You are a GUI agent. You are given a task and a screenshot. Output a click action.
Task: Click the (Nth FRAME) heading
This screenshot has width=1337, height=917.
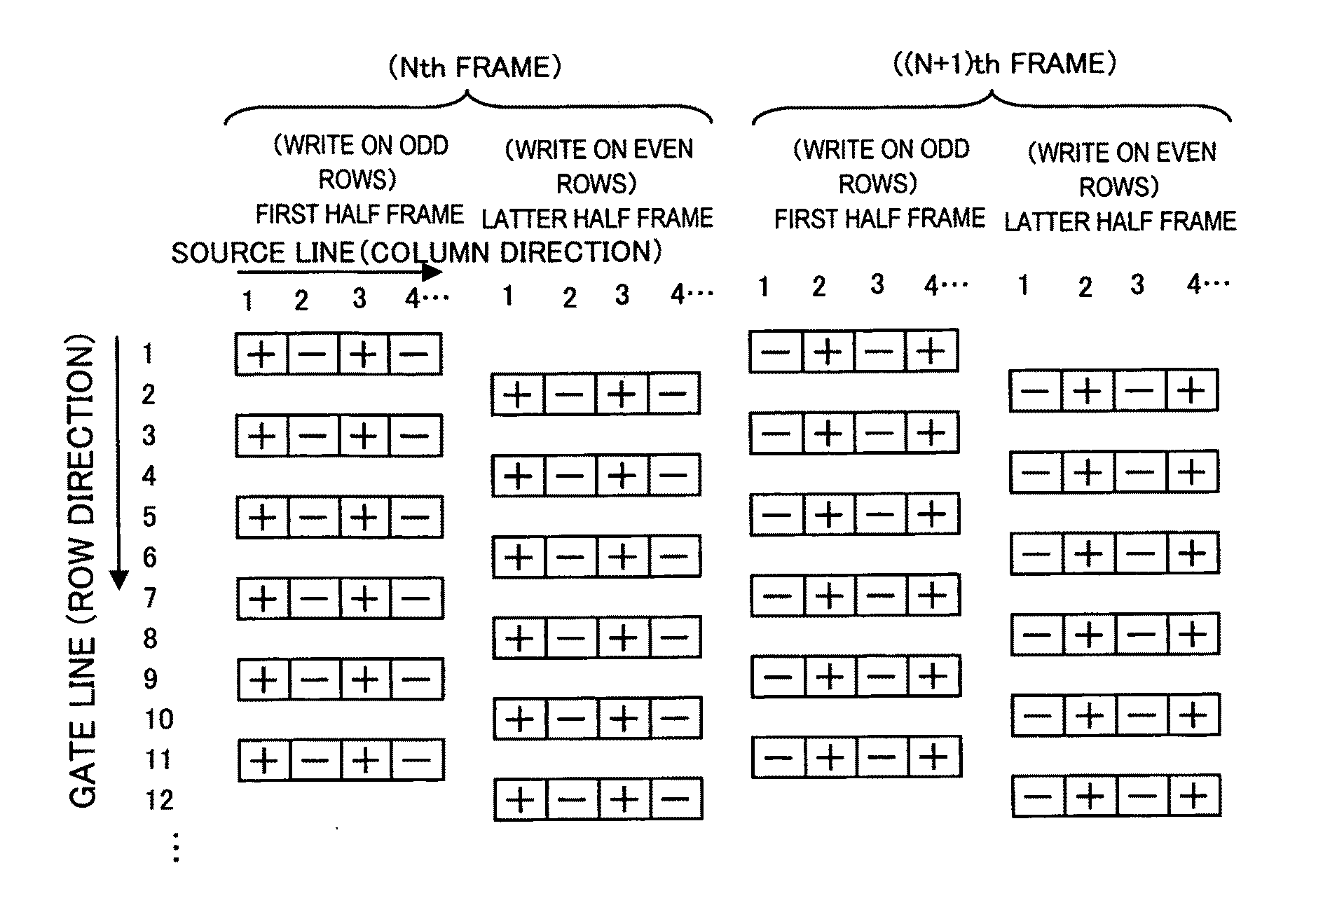pos(474,68)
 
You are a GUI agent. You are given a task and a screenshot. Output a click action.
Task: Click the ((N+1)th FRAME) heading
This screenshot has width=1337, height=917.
pos(1004,64)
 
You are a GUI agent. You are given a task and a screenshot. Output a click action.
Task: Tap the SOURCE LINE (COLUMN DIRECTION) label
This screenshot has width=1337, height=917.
pos(416,252)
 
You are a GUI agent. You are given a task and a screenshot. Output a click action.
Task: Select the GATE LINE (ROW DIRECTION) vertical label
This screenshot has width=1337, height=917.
pos(82,571)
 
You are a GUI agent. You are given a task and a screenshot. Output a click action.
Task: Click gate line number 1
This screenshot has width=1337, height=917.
pos(147,354)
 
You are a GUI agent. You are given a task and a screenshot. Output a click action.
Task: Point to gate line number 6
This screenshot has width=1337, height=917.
pos(149,558)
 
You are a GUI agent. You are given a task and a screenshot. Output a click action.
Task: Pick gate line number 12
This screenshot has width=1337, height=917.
pos(159,799)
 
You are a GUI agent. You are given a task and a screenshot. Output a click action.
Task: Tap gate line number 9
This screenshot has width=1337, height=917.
pos(150,679)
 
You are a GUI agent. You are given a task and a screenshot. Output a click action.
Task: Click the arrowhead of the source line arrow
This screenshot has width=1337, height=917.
pos(432,272)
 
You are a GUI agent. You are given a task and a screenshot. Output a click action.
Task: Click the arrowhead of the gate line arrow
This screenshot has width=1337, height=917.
pos(119,579)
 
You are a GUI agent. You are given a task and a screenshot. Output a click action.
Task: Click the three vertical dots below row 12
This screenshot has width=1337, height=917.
pos(176,847)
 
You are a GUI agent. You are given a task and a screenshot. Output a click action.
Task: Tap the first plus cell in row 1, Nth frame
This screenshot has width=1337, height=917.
pos(261,354)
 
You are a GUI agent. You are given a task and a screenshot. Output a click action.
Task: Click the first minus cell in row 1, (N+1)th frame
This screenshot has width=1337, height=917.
pos(775,350)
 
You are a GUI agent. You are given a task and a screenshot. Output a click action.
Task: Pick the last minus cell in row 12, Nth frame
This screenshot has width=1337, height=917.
pos(676,799)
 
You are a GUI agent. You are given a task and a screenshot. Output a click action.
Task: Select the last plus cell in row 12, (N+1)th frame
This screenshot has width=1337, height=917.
pos(1194,796)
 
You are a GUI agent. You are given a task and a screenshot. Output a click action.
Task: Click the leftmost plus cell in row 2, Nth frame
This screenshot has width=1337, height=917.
pos(518,394)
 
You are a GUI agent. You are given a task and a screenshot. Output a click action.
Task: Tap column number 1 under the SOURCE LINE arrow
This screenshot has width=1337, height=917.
pos(247,301)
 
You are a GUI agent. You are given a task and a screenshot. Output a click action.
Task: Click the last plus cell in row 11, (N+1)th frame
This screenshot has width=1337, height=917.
pos(935,757)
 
